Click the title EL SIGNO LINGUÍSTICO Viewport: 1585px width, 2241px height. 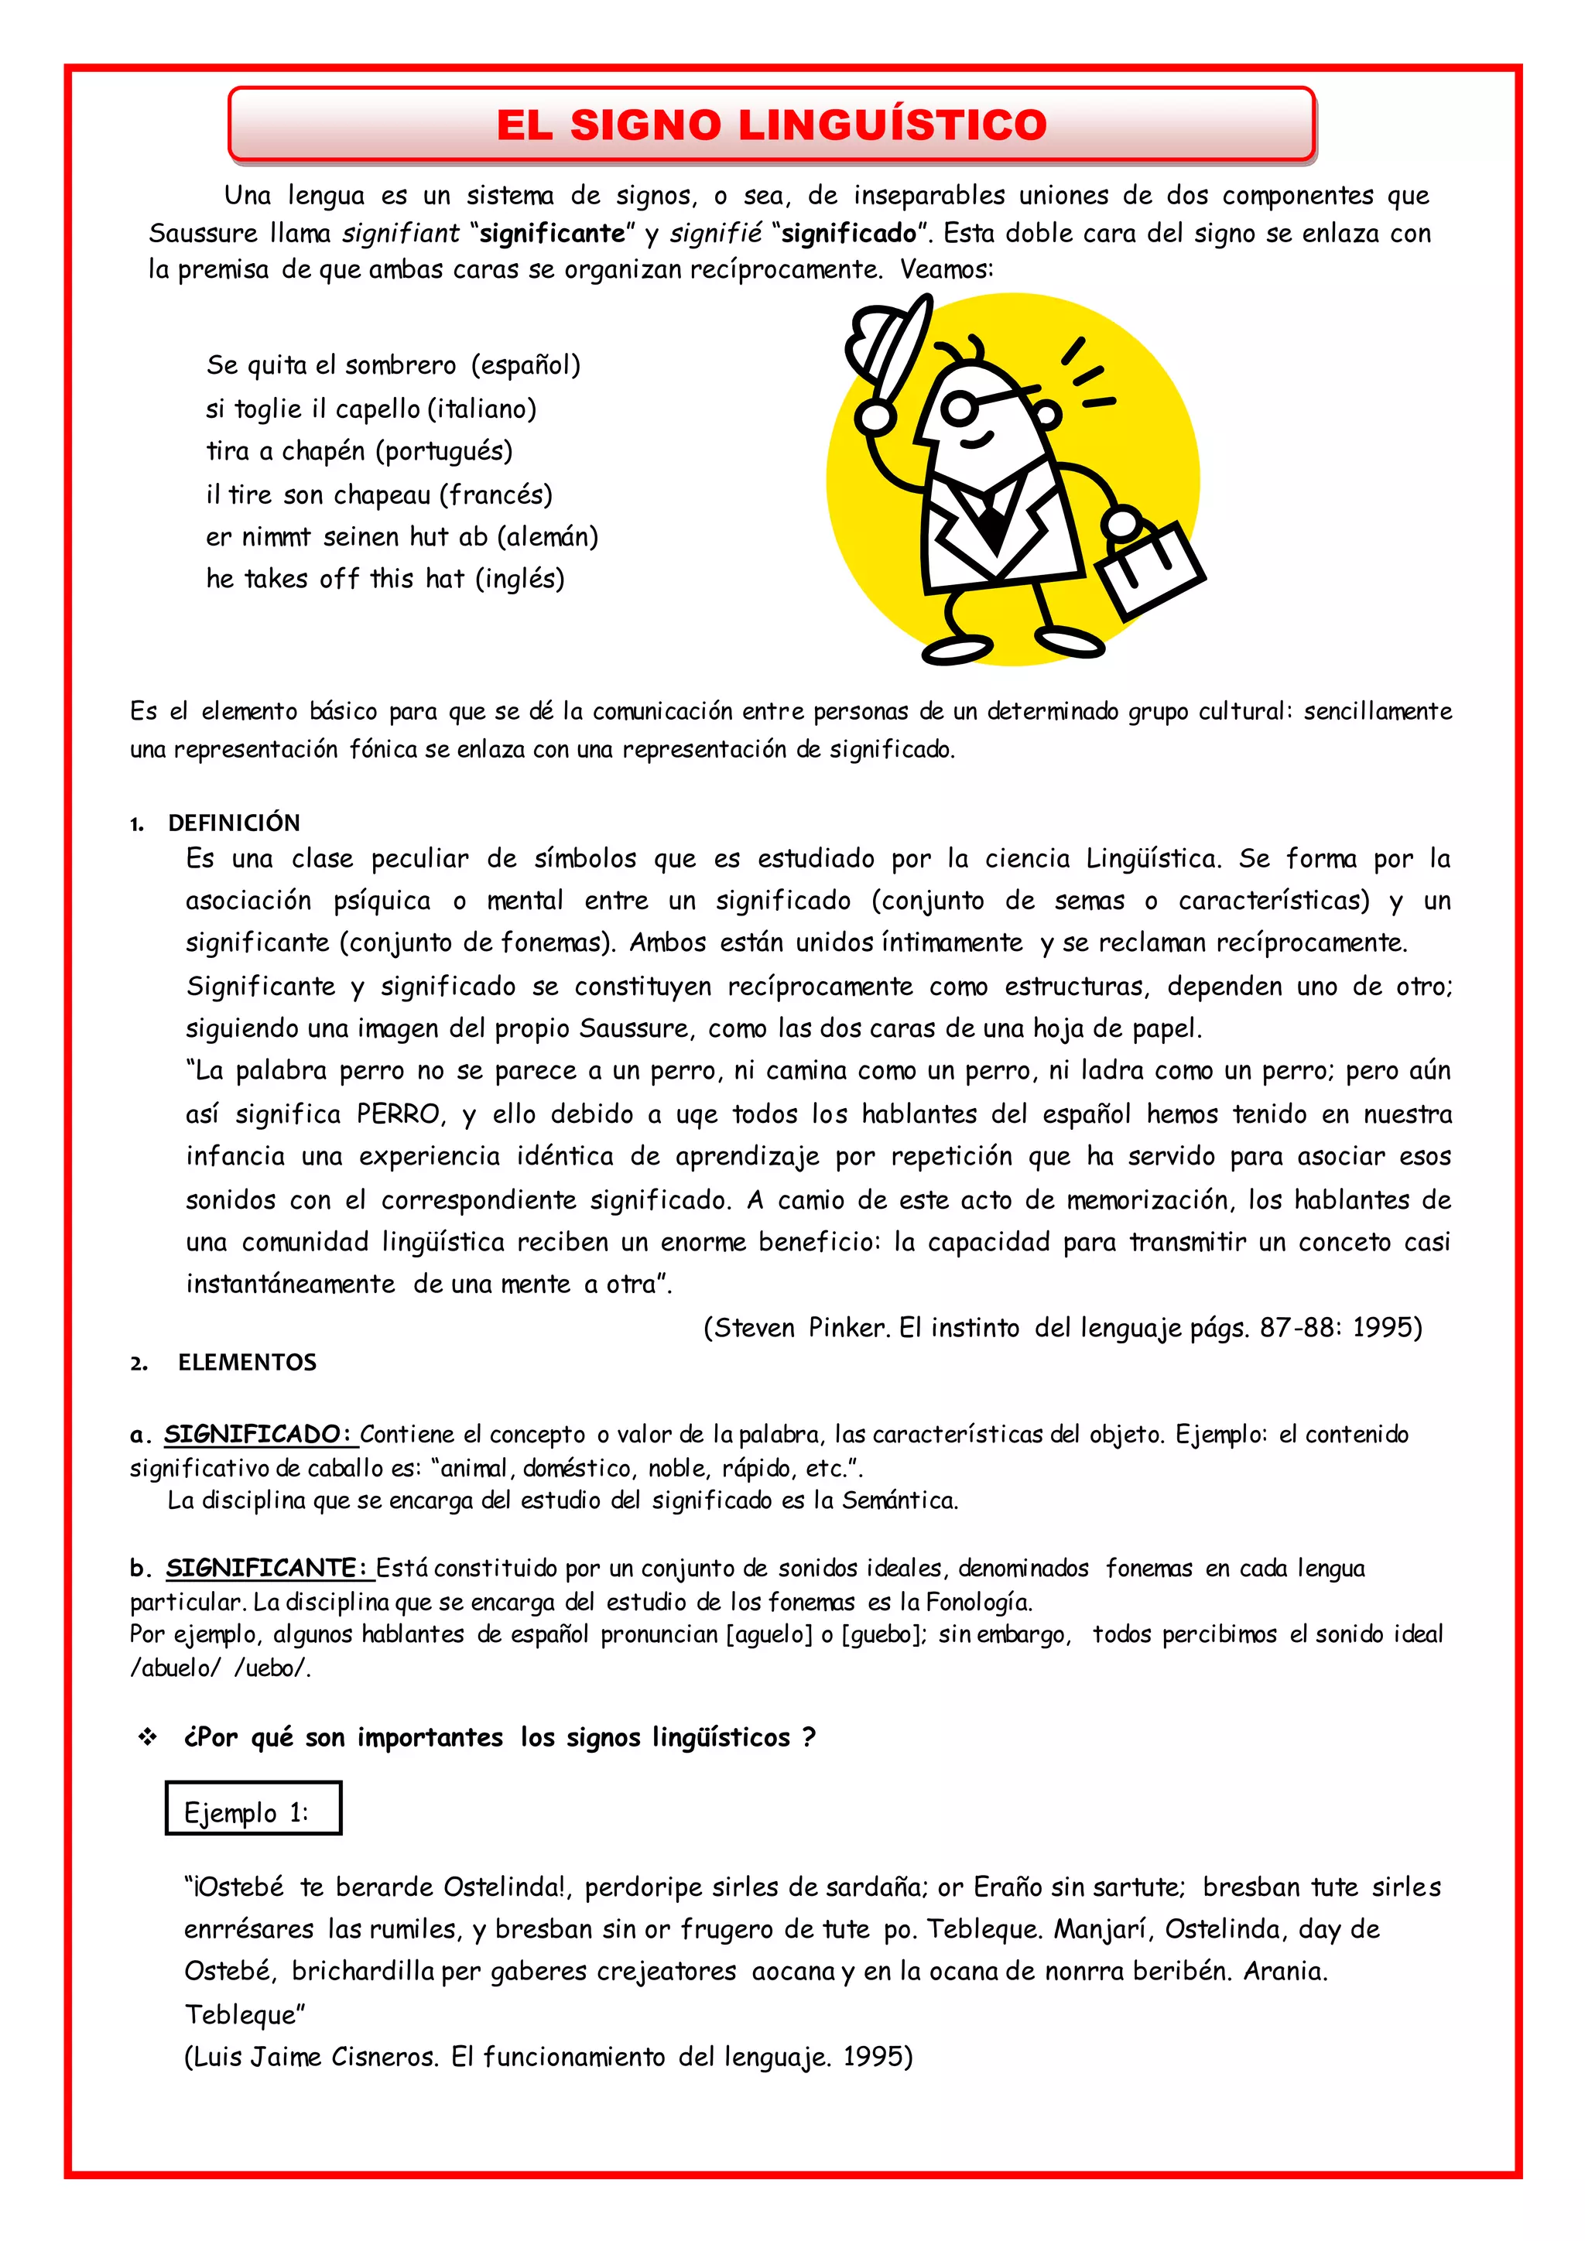pos(771,125)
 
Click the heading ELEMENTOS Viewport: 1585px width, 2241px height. pos(247,1363)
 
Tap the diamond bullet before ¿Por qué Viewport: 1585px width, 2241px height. pos(147,1737)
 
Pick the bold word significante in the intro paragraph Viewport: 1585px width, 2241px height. pos(553,233)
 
